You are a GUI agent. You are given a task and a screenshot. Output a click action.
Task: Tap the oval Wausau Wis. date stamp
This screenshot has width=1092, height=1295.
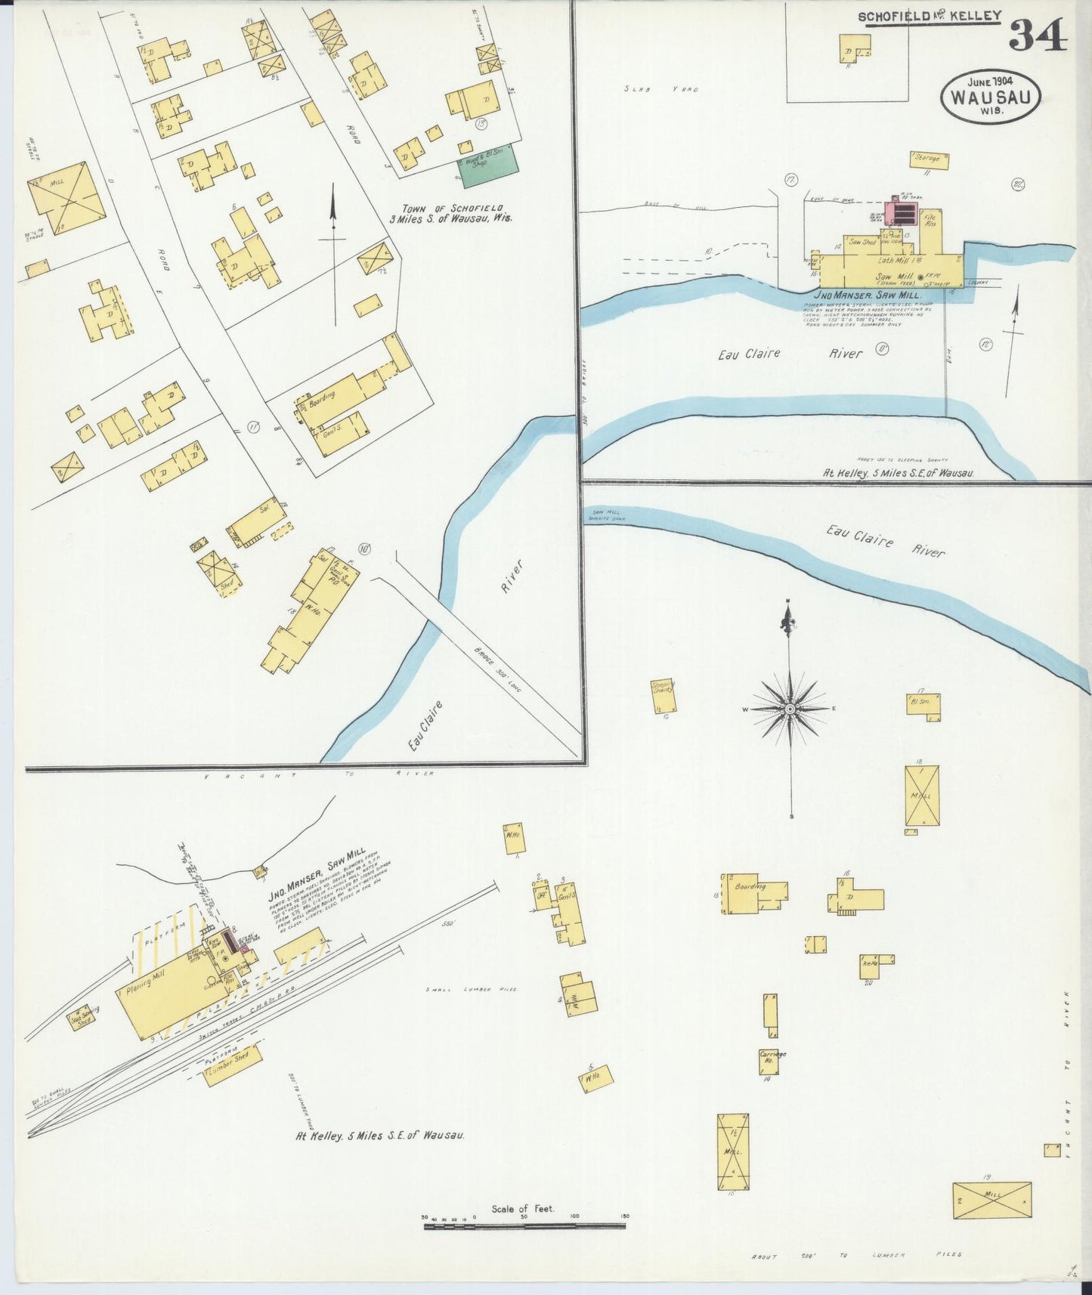pyautogui.click(x=990, y=97)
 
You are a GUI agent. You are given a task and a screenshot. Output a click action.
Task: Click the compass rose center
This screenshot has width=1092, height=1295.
pyautogui.click(x=790, y=709)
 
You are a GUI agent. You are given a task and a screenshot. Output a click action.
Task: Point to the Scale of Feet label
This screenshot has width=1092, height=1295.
pyautogui.click(x=523, y=1209)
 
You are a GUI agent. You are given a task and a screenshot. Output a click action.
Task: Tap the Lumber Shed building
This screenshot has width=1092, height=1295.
pyautogui.click(x=232, y=1074)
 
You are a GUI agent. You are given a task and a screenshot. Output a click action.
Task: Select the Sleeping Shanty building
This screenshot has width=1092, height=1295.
pyautogui.click(x=664, y=696)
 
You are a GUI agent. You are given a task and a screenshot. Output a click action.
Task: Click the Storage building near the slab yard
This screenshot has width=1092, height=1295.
pyautogui.click(x=929, y=159)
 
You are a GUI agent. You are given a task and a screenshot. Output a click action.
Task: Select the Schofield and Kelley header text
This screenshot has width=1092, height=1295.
pyautogui.click(x=929, y=16)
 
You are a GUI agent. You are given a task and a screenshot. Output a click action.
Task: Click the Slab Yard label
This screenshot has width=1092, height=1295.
pyautogui.click(x=661, y=89)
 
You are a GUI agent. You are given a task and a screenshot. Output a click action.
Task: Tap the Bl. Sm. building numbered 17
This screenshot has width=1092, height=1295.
pyautogui.click(x=923, y=703)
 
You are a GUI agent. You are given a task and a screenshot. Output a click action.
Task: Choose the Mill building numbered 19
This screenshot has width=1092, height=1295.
pyautogui.click(x=991, y=1200)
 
